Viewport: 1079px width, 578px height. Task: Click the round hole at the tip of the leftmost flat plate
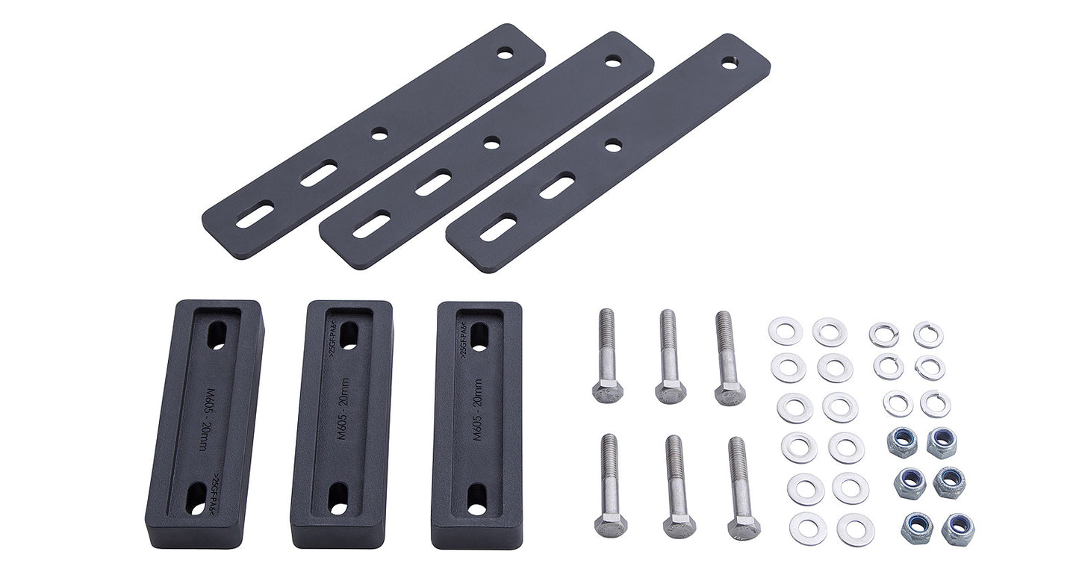[x=506, y=54]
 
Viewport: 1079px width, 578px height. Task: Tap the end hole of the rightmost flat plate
[x=729, y=64]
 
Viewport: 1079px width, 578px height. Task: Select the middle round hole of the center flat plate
[x=491, y=142]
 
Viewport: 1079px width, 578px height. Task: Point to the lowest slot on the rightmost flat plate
[x=498, y=228]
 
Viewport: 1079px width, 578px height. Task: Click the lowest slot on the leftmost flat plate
[x=255, y=215]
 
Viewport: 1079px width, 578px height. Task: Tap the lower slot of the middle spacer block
[x=338, y=498]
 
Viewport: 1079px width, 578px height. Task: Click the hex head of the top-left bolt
[x=608, y=391]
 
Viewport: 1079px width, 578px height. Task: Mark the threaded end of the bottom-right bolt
[x=737, y=456]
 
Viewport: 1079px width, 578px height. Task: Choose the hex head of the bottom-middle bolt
[x=680, y=524]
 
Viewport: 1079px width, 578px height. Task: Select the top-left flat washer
[x=786, y=331]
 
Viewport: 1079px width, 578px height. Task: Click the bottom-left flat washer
[x=808, y=528]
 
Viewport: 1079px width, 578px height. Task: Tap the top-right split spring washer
[x=928, y=334]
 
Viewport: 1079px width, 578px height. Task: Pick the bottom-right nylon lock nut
[x=958, y=529]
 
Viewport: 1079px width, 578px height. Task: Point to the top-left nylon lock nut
[x=903, y=442]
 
